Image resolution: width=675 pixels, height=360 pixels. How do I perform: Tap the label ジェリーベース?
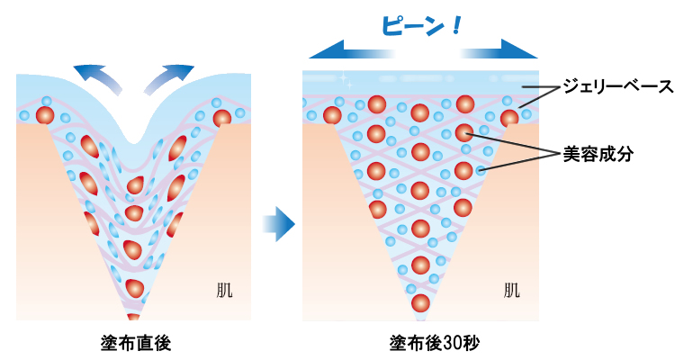pyautogui.click(x=616, y=87)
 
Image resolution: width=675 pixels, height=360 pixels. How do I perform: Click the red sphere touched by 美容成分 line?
pyautogui.click(x=463, y=133)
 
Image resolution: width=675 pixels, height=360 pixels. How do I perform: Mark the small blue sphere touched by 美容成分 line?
pyautogui.click(x=482, y=169)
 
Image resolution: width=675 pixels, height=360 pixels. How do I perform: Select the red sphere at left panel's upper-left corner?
pyautogui.click(x=44, y=115)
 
